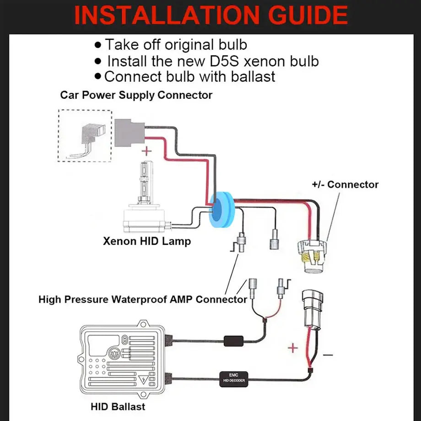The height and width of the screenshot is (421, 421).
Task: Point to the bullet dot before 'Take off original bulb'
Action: (x=98, y=45)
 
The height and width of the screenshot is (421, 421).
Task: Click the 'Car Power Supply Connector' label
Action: (x=136, y=95)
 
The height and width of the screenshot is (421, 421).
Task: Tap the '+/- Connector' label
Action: (x=345, y=184)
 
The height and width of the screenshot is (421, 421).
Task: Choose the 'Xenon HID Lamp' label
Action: (x=146, y=241)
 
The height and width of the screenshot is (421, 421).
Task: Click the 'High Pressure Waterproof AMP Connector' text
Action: (x=143, y=300)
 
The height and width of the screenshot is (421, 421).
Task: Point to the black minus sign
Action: (x=328, y=355)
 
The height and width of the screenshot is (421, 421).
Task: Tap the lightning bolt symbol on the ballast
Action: (x=146, y=379)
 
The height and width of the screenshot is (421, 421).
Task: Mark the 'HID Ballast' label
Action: (x=118, y=406)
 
